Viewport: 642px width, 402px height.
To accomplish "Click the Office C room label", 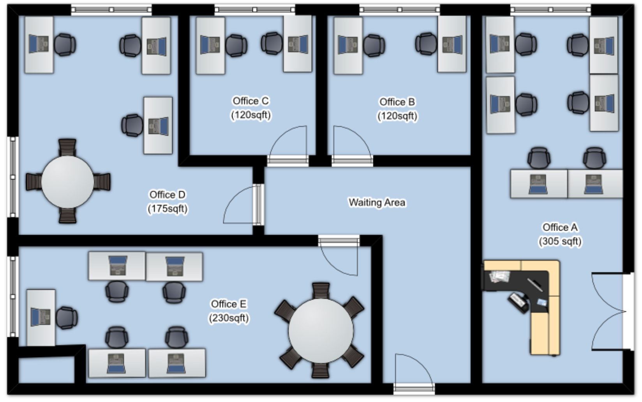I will point(250,108).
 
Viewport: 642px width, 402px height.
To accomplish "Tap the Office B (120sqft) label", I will point(397,109).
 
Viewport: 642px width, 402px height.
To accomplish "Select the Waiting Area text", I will point(377,203).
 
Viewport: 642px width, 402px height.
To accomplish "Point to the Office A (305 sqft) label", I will point(560,234).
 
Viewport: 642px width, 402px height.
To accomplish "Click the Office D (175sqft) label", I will point(168,201).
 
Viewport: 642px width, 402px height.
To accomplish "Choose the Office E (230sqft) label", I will point(229,311).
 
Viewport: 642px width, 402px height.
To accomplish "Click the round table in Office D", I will point(67,182).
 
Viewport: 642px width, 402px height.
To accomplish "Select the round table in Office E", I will point(321,330).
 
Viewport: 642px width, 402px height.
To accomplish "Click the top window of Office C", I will point(254,9).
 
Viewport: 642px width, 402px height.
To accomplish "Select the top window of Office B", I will point(399,9).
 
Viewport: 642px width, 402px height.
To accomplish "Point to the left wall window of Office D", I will point(12,177).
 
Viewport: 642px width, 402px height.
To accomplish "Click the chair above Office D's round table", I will point(67,147).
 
